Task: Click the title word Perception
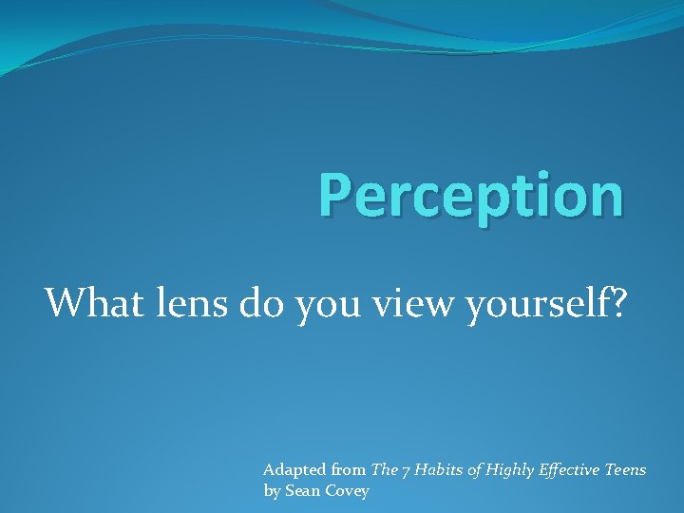pos(471,196)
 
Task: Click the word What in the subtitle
pos(87,303)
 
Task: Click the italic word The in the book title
pos(385,469)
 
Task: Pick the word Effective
pos(573,469)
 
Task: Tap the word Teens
pos(626,469)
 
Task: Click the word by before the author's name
pos(272,491)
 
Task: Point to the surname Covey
pos(347,491)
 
